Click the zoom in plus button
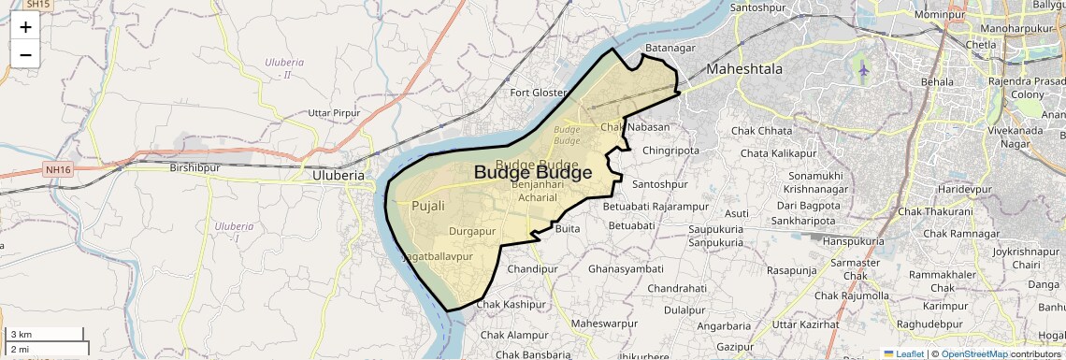[x=25, y=27]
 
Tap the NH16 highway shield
[x=56, y=170]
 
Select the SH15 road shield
[x=37, y=5]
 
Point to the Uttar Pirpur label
[x=334, y=113]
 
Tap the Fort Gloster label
[x=538, y=93]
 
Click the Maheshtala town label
[x=744, y=69]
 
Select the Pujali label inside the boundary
[x=428, y=206]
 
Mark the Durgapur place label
[x=472, y=230]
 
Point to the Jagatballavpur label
[x=438, y=255]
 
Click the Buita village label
[x=568, y=228]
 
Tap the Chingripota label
[x=670, y=150]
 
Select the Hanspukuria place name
[x=853, y=240]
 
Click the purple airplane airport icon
[x=862, y=70]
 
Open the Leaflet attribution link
[x=903, y=353]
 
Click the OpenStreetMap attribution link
[x=973, y=353]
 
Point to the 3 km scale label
[x=22, y=335]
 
